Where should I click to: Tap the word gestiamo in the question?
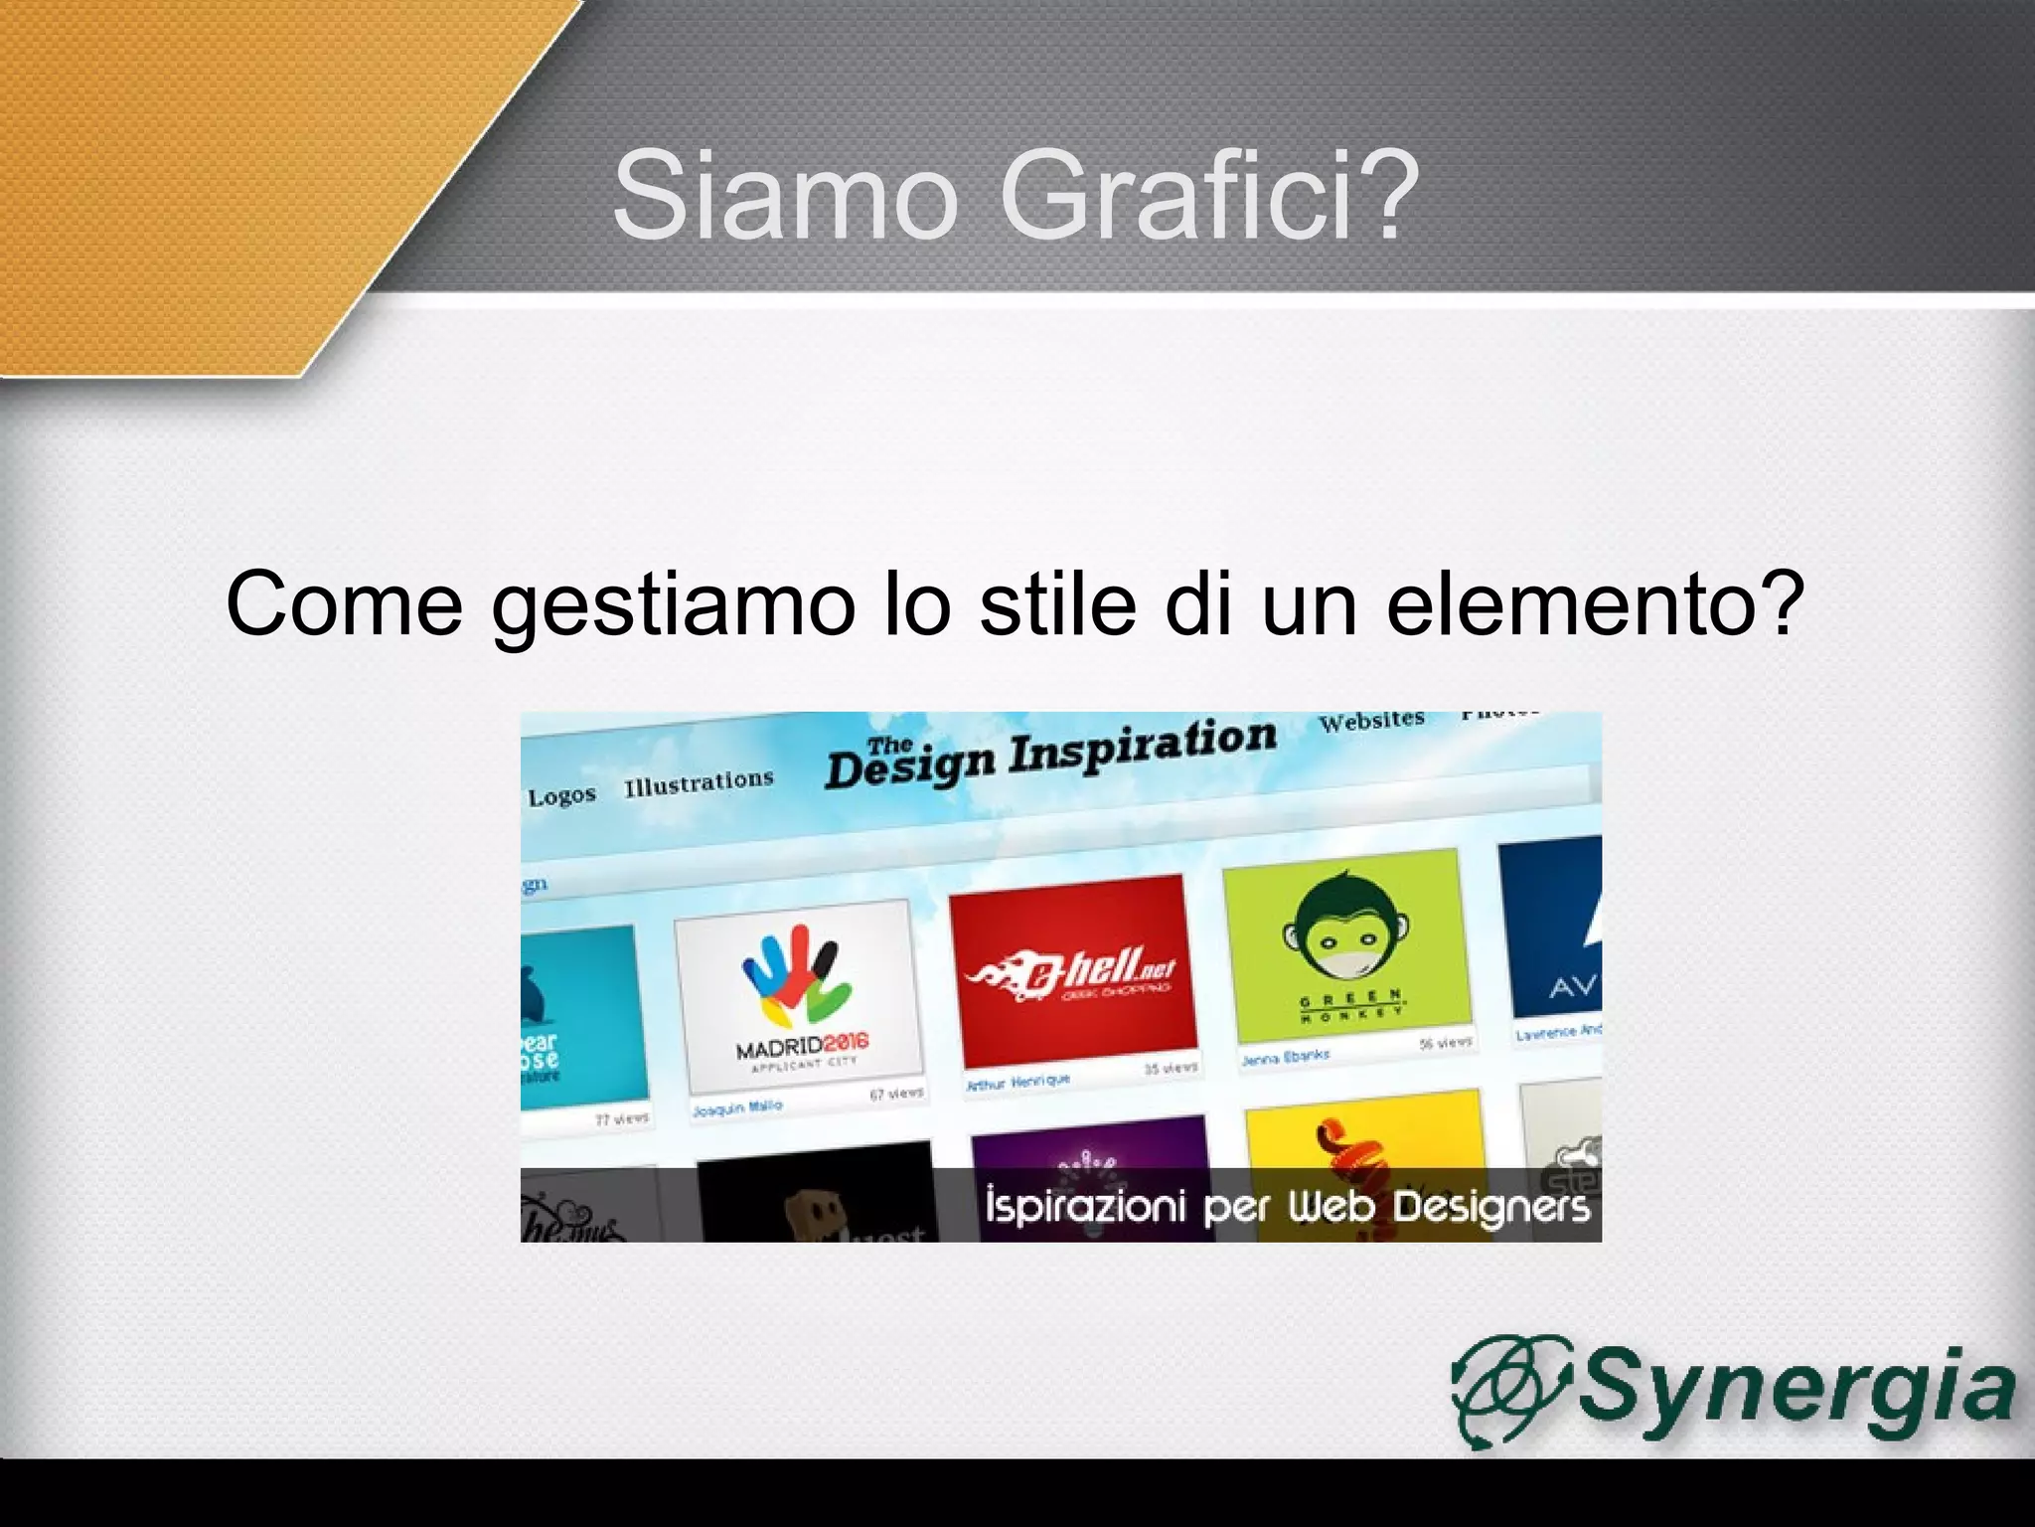point(673,603)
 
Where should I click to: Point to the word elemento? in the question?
point(1595,603)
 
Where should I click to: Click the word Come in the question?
point(344,603)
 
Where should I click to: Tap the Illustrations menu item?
point(699,783)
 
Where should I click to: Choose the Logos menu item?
point(561,796)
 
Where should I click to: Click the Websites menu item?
point(1371,720)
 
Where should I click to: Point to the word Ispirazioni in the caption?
point(1085,1206)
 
